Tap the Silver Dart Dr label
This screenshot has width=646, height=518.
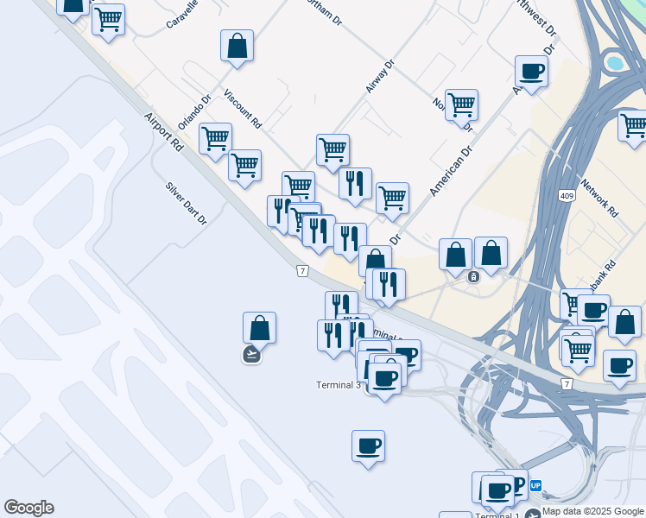pos(187,204)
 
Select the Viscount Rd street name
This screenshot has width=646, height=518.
pos(243,109)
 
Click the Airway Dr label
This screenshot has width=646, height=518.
pos(379,76)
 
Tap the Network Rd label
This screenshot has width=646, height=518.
pos(600,198)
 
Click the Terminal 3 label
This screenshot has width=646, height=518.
pos(339,385)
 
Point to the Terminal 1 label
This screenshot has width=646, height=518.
pos(497,515)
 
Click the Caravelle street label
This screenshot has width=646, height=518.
pos(182,14)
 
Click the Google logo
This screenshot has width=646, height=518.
pos(28,508)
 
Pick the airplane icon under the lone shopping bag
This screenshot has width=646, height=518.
pos(251,354)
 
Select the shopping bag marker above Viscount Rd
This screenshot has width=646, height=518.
pos(237,47)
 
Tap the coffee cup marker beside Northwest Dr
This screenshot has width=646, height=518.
pos(531,72)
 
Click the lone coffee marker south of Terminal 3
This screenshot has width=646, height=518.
pos(368,446)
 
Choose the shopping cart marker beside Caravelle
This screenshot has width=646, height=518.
pos(108,19)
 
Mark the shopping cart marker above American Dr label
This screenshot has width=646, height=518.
pos(461,105)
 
